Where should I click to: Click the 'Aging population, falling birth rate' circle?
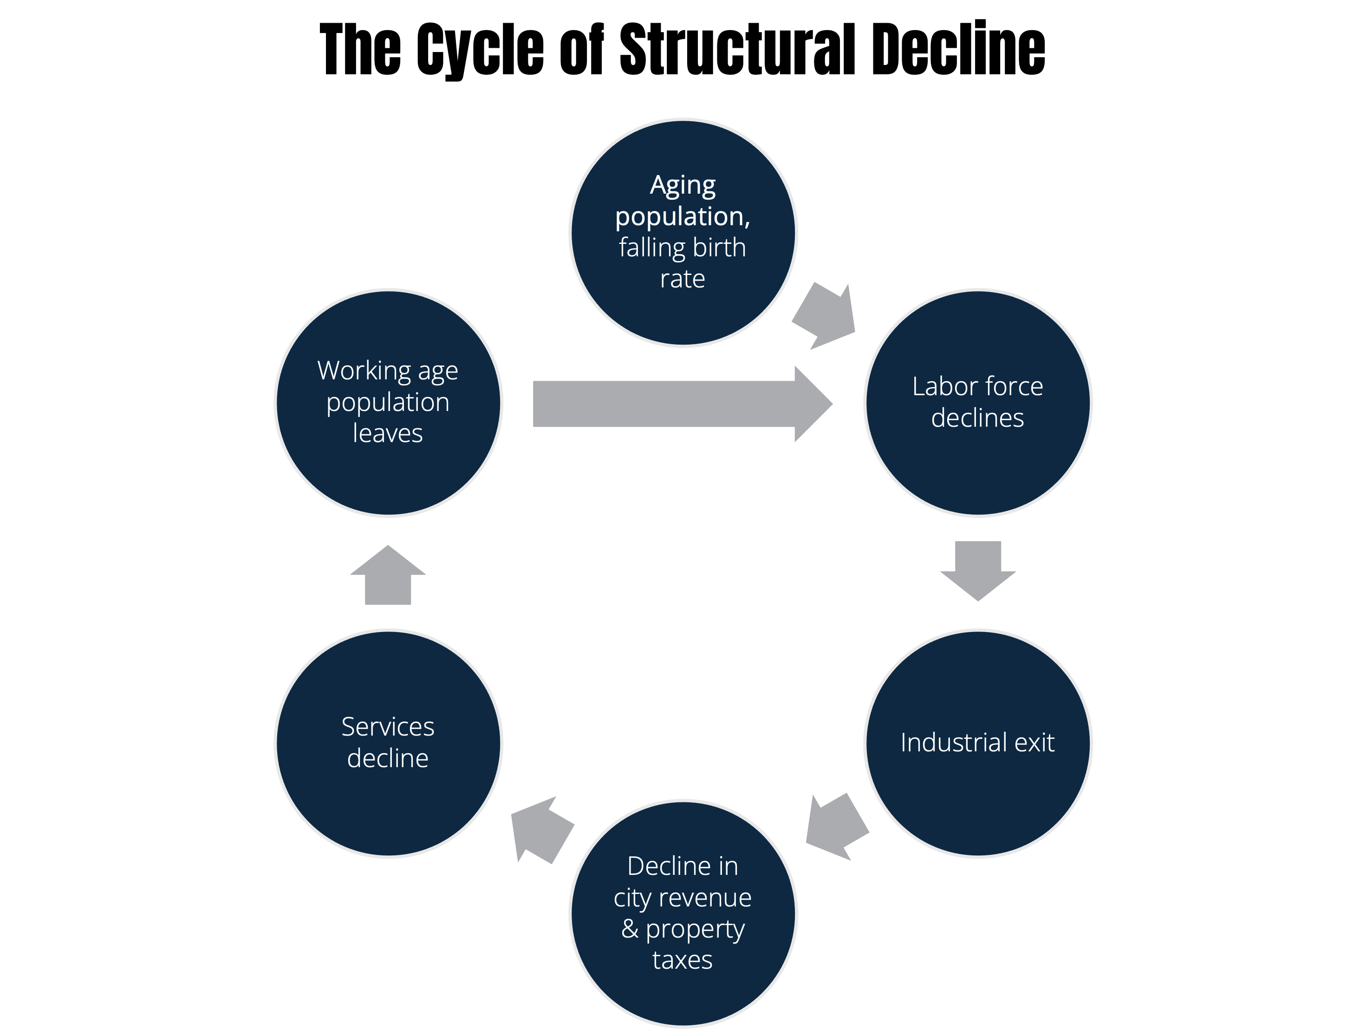coord(683,233)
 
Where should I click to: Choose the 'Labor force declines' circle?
coord(977,403)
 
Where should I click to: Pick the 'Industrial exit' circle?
coord(977,743)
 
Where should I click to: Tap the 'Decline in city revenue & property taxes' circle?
coord(683,913)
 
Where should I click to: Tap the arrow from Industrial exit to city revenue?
coord(837,828)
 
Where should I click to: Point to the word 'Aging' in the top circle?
coord(683,186)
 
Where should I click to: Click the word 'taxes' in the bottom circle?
coord(683,960)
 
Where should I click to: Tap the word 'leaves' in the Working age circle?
coord(388,433)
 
